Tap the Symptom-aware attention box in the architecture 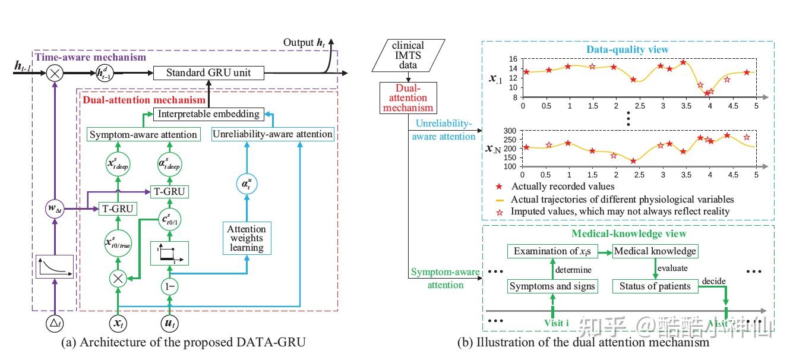(x=143, y=134)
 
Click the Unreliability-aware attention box (x=273, y=134)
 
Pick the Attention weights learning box (x=247, y=238)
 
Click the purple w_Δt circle (x=54, y=209)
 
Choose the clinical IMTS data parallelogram (x=409, y=55)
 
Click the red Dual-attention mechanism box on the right (x=409, y=98)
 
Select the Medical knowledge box (x=655, y=251)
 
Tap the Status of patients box (x=655, y=286)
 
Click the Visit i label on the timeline (x=557, y=322)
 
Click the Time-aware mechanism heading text (x=90, y=57)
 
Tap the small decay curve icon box (x=54, y=267)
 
